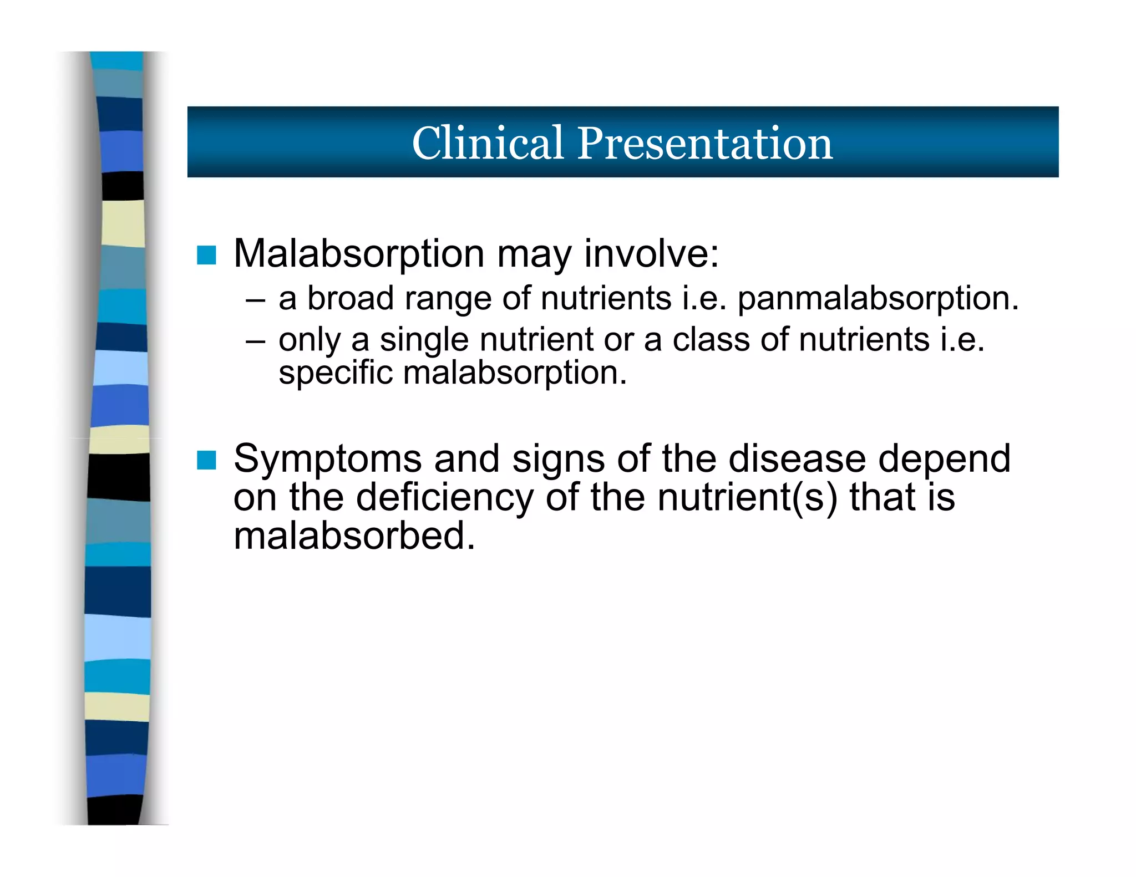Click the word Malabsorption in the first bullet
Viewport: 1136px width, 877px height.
(x=359, y=254)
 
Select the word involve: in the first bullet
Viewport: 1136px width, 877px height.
(x=651, y=254)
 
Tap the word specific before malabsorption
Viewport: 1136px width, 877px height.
(x=335, y=373)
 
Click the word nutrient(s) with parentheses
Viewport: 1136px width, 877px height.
(x=747, y=497)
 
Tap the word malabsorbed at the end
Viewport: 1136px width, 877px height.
(x=354, y=536)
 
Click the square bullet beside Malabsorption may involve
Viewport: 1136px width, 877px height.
(x=206, y=256)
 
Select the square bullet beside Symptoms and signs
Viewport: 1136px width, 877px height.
(x=206, y=460)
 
